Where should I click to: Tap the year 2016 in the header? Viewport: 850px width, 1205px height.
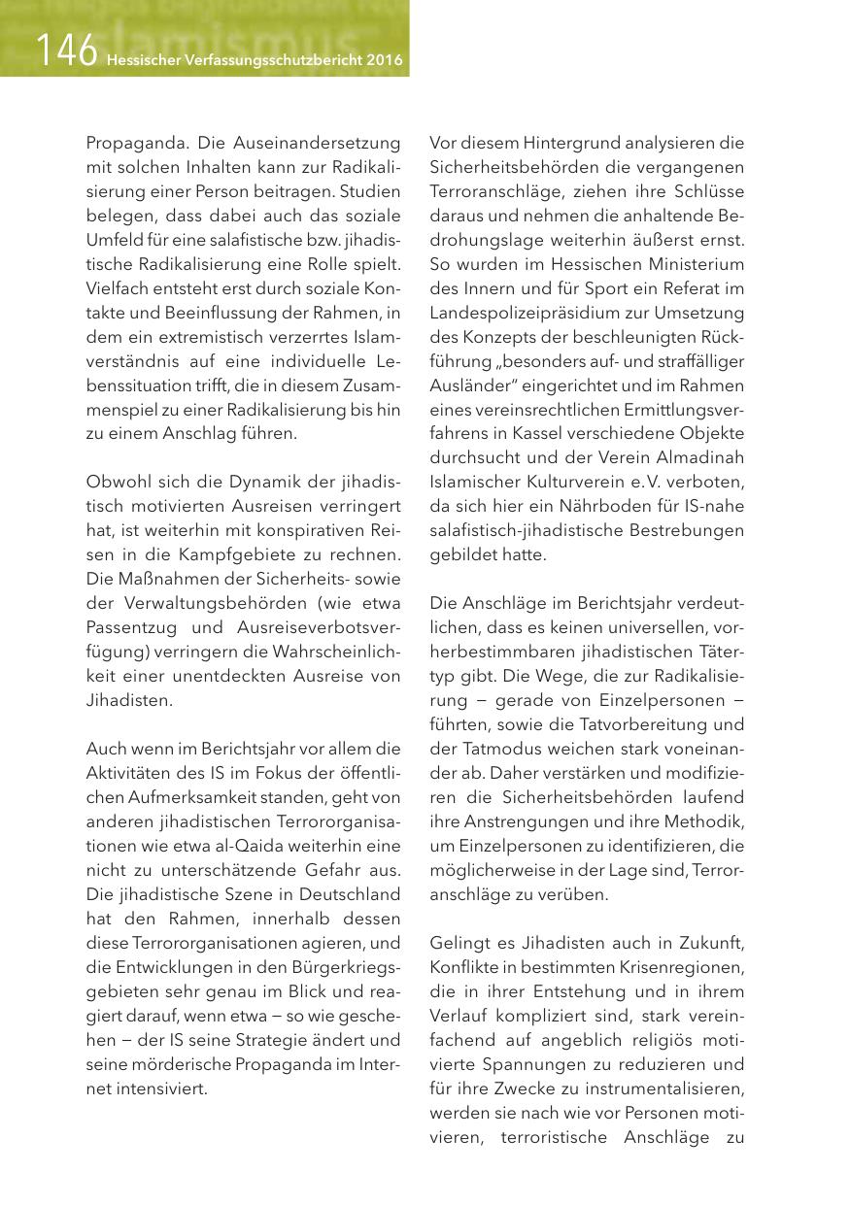(386, 58)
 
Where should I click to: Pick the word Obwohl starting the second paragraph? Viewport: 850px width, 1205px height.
(115, 482)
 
